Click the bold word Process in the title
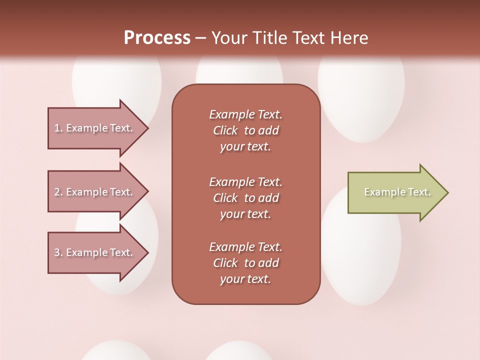coord(157,38)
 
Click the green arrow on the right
coord(395,192)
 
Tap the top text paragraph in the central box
coord(245,130)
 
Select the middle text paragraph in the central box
coord(245,198)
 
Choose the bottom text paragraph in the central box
coord(245,263)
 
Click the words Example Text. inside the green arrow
coord(397,192)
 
